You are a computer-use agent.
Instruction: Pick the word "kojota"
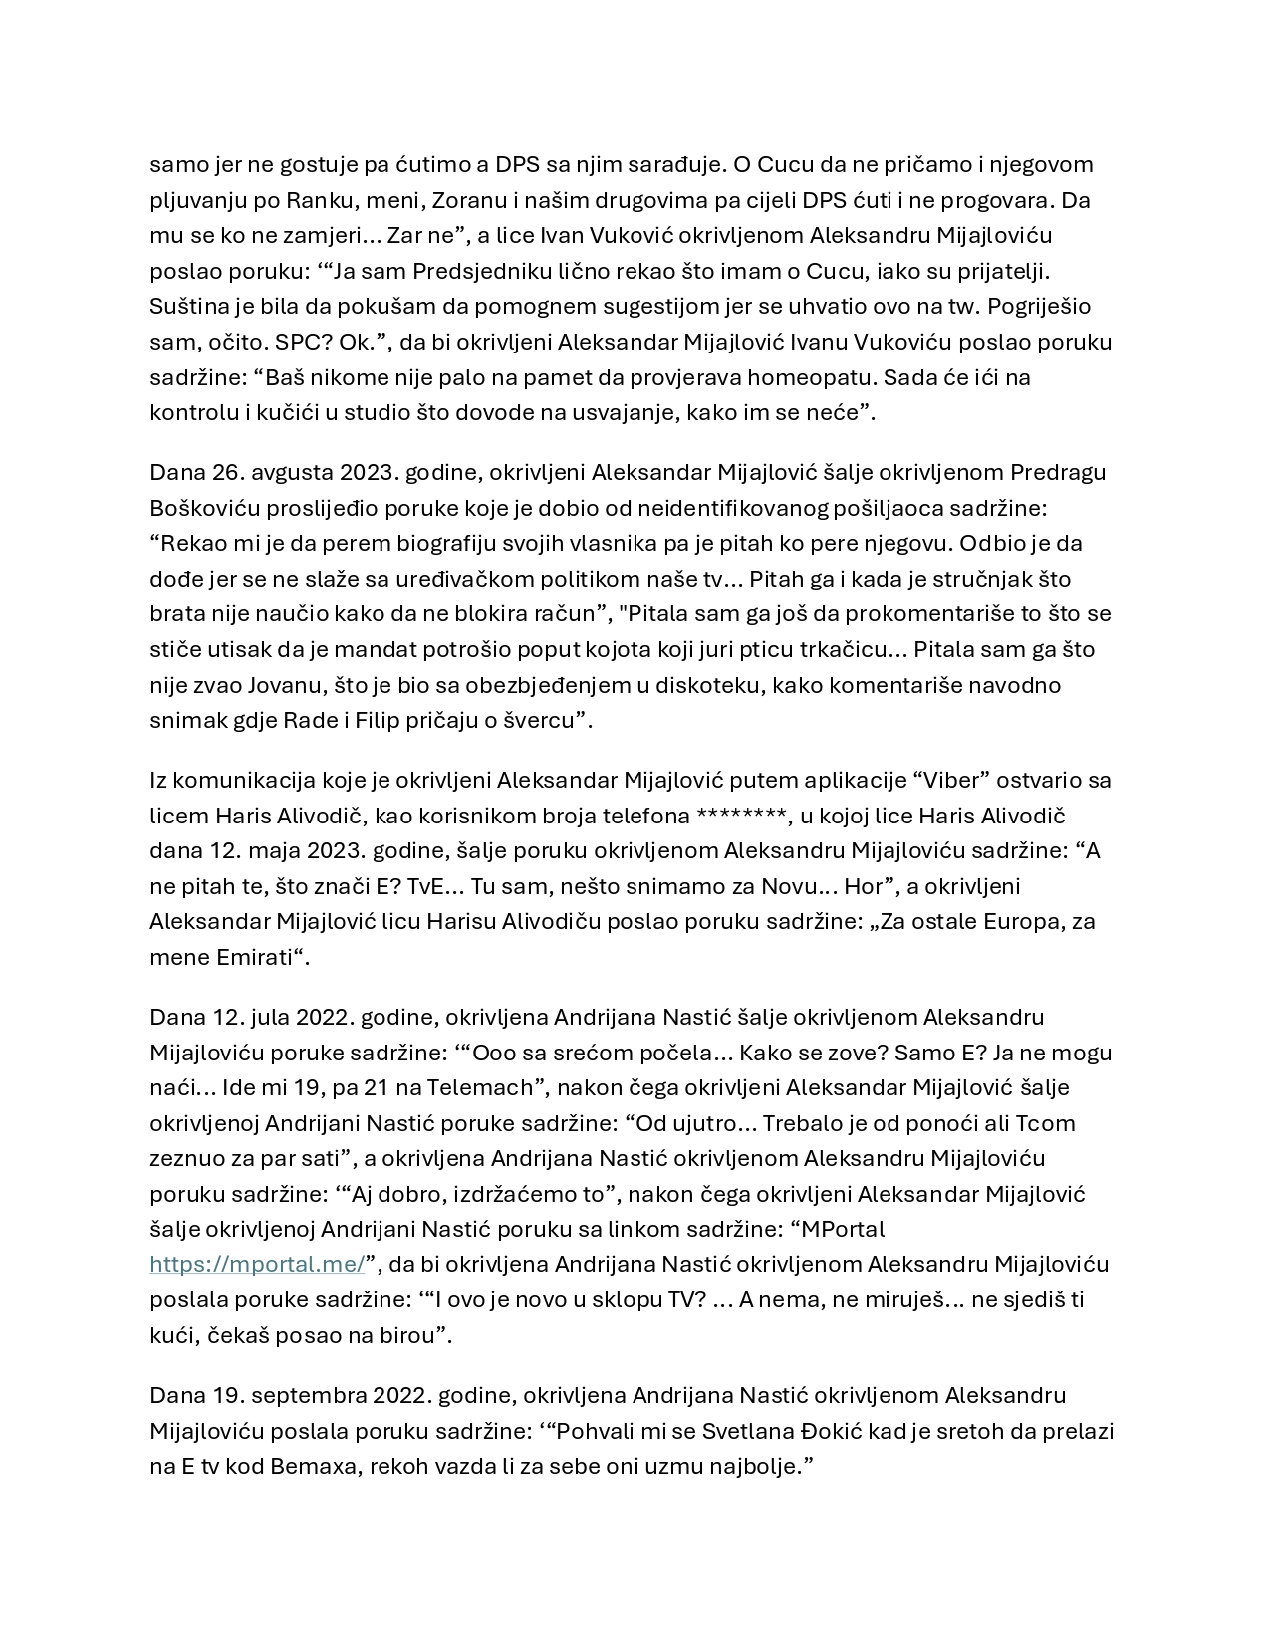pyautogui.click(x=627, y=649)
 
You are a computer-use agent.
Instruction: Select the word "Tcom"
pyautogui.click(x=1045, y=1123)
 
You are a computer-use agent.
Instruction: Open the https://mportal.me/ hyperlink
pyautogui.click(x=257, y=1264)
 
